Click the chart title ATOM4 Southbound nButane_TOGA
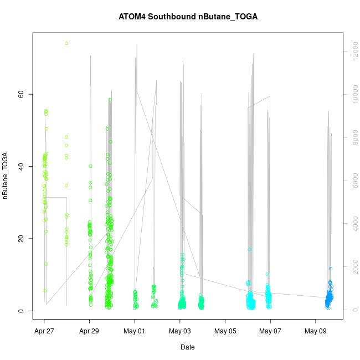(x=188, y=17)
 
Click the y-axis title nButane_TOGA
(x=6, y=176)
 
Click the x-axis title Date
(x=187, y=347)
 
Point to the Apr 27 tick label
(x=44, y=331)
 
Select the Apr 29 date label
(x=89, y=331)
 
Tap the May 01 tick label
(x=135, y=331)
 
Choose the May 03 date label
(x=180, y=331)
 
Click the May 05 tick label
(x=225, y=331)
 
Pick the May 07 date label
(x=270, y=331)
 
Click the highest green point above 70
(x=66, y=43)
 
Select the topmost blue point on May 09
(x=331, y=269)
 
